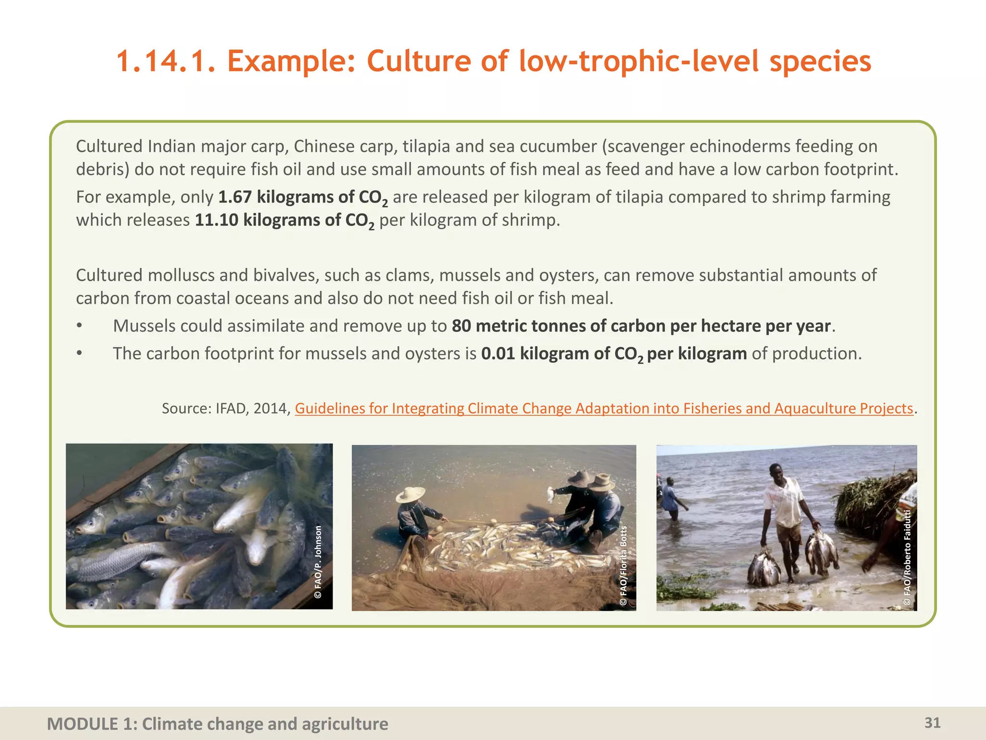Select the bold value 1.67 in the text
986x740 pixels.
(x=235, y=197)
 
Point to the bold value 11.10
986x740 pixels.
(x=216, y=220)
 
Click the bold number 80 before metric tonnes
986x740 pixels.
(x=461, y=326)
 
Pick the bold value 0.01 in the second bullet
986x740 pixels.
(x=498, y=353)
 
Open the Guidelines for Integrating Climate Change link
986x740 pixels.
(x=604, y=408)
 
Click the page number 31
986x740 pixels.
(x=933, y=723)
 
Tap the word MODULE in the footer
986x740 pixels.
(x=82, y=724)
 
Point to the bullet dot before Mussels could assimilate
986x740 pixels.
(x=79, y=326)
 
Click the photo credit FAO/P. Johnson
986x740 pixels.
(x=318, y=562)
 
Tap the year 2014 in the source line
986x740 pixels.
(x=271, y=408)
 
